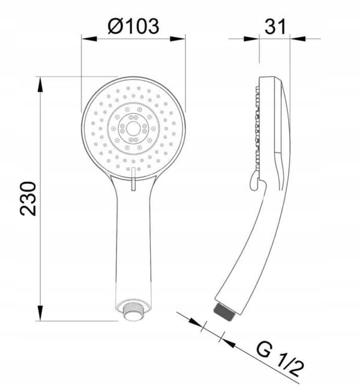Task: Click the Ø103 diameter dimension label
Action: (x=133, y=26)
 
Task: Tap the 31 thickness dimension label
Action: (x=275, y=26)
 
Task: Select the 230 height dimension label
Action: (x=28, y=199)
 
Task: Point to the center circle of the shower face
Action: (x=133, y=128)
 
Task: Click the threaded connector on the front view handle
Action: (x=133, y=310)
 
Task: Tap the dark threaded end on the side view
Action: (x=224, y=312)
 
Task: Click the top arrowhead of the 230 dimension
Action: (x=40, y=85)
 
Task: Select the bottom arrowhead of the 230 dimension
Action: (x=40, y=313)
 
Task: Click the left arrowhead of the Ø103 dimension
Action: (x=89, y=39)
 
